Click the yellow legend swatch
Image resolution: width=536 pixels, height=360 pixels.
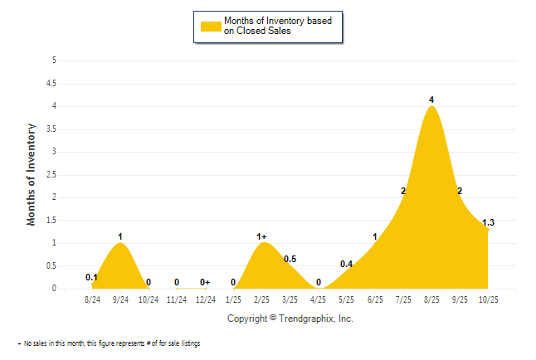point(210,26)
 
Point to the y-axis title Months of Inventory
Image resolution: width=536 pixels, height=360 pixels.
point(32,174)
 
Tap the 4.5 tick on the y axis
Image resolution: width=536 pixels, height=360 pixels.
point(52,83)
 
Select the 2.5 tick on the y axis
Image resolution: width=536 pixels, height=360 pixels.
point(52,174)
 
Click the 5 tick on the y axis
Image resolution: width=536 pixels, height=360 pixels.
point(55,61)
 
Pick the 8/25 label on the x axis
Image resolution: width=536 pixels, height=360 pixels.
point(431,299)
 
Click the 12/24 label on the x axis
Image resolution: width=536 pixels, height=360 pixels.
point(205,299)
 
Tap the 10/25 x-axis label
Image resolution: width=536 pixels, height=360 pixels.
point(488,299)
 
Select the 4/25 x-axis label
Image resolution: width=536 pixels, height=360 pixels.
point(319,299)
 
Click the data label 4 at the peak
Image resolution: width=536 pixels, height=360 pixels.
point(431,100)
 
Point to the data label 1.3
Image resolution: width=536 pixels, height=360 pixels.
point(488,222)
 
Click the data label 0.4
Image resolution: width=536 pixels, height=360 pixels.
point(346,264)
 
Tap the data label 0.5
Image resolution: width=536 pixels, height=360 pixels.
point(290,259)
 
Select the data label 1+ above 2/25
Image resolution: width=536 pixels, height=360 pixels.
point(262,237)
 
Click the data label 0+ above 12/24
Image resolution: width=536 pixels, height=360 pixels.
point(205,282)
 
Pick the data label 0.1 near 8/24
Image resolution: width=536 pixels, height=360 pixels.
point(92,277)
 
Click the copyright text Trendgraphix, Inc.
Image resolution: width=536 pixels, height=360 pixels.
point(290,319)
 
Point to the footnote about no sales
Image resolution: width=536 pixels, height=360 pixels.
point(110,343)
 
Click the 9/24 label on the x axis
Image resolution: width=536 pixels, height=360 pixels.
point(120,299)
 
